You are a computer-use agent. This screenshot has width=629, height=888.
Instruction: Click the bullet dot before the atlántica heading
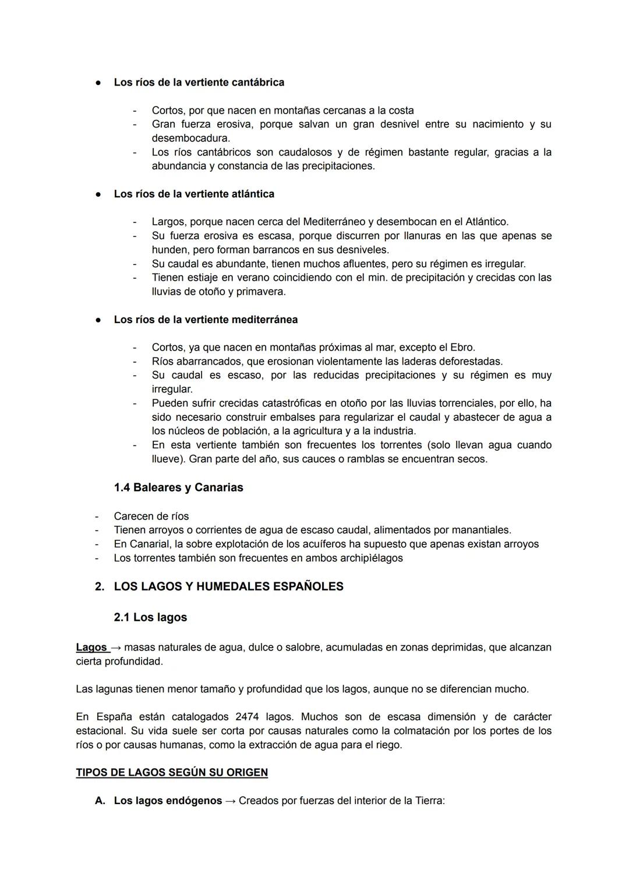coord(99,194)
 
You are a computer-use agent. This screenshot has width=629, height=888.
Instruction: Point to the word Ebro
coord(463,348)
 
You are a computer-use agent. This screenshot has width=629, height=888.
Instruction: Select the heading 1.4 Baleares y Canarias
coord(178,487)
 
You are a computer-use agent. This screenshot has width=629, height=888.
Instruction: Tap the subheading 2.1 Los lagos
coord(150,617)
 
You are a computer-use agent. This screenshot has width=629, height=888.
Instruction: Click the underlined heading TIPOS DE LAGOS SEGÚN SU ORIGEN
coord(172,773)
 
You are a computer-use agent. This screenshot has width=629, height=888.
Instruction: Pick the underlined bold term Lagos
coord(91,648)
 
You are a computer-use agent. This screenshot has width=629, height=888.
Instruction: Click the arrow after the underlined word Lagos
coord(116,648)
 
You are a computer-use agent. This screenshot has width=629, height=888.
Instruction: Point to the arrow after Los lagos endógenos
coord(231,801)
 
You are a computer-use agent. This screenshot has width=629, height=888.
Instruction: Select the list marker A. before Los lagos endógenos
coord(100,801)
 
